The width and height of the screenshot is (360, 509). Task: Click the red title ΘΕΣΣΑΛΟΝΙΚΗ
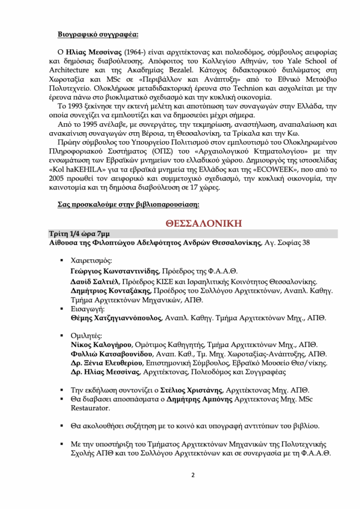pyautogui.click(x=203, y=222)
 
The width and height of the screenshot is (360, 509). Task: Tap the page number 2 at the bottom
pyautogui.click(x=193, y=474)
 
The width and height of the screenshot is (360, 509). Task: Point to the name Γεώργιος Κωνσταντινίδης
pyautogui.click(x=115, y=271)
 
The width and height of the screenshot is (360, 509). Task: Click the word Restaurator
pyautogui.click(x=88, y=408)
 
